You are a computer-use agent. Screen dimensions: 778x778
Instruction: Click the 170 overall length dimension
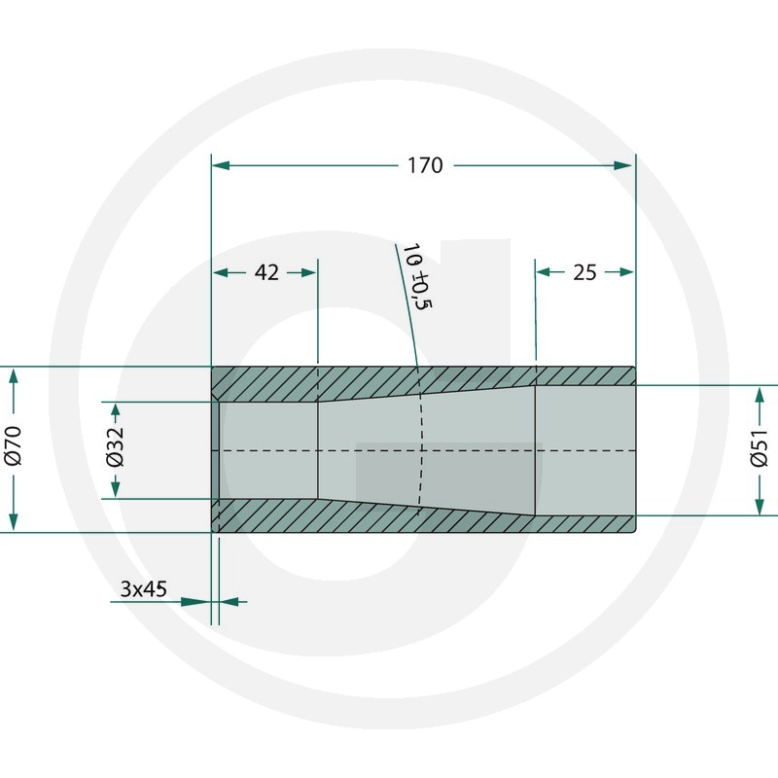[x=425, y=165]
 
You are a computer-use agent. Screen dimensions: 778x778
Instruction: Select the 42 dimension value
[x=266, y=272]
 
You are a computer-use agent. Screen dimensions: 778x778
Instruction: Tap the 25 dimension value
[x=584, y=272]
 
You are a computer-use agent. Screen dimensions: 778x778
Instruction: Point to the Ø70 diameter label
[x=14, y=445]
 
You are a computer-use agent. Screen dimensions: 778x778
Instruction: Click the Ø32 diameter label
[x=115, y=446]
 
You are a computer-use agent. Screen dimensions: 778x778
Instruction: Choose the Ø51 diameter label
[x=760, y=448]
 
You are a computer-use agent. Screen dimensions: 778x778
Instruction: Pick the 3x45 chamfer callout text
[x=143, y=589]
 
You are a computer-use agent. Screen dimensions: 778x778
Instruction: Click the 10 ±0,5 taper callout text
[x=417, y=276]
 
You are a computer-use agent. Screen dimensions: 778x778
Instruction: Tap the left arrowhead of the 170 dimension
[x=221, y=165]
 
